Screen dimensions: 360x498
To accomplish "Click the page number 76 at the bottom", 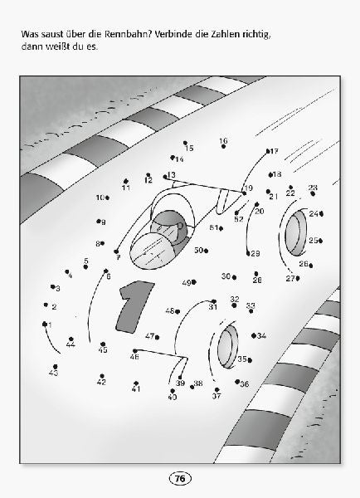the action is coord(180,478).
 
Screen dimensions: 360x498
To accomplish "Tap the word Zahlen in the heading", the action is coord(225,34).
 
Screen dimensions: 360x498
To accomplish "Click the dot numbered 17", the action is coord(268,151).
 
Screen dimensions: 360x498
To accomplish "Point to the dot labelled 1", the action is coord(45,324).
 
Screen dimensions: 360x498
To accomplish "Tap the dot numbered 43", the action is coord(56,366).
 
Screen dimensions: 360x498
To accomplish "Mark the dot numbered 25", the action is coord(321,241).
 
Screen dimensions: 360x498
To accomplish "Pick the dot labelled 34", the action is coord(254,335).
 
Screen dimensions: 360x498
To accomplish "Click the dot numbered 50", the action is coord(206,251).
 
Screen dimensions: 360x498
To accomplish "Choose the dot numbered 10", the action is coord(107,198).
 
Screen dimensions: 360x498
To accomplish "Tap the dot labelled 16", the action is coord(223,146).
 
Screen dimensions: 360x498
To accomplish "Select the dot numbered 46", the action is coord(135,350).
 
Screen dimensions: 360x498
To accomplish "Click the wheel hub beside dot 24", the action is coord(296,232).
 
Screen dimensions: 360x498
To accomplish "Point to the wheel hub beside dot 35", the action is coord(227,347).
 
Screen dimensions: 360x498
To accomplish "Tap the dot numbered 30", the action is coord(234,277).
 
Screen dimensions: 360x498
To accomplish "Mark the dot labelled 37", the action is coord(216,389).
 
